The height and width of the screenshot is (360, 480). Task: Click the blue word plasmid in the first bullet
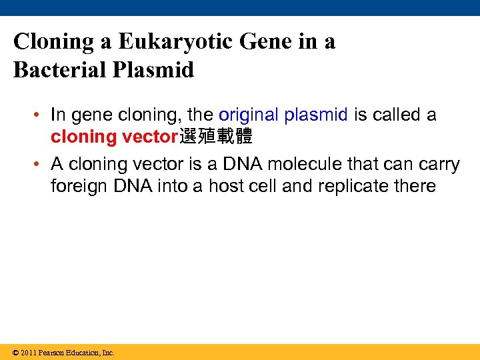tap(316, 115)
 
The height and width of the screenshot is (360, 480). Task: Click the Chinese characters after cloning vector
tap(215, 137)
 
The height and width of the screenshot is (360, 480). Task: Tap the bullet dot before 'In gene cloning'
tap(39, 115)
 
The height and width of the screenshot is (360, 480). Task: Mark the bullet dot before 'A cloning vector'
tap(39, 164)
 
